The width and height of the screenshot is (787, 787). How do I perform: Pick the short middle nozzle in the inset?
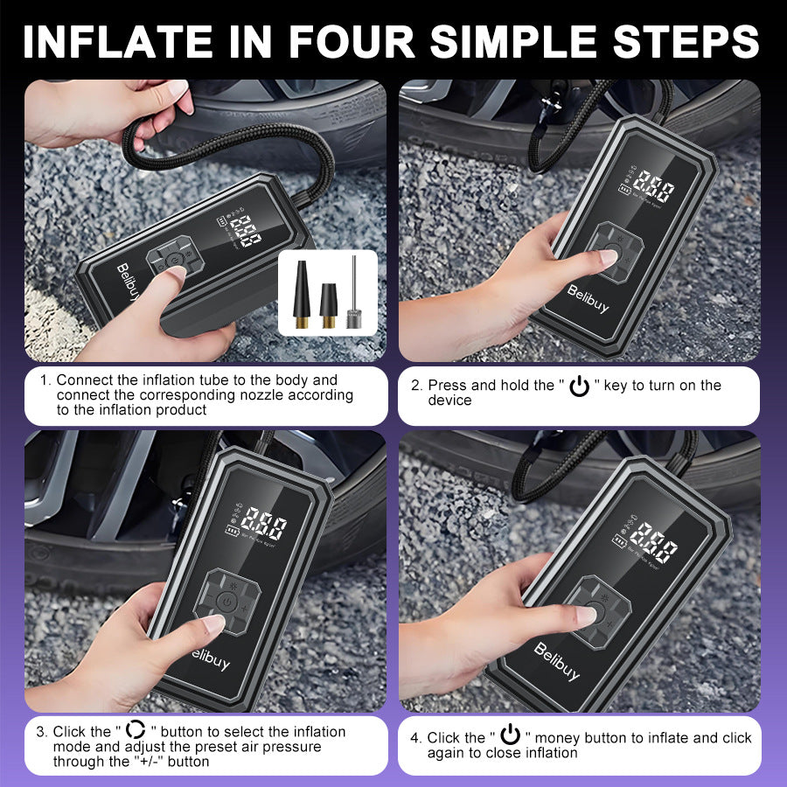coord(329,305)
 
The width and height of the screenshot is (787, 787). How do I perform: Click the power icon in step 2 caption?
coord(579,387)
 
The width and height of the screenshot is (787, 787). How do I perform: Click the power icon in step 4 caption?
coord(510,736)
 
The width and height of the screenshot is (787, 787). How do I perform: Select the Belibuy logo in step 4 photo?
coord(556,661)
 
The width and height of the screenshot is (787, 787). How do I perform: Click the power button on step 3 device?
coord(226,602)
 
